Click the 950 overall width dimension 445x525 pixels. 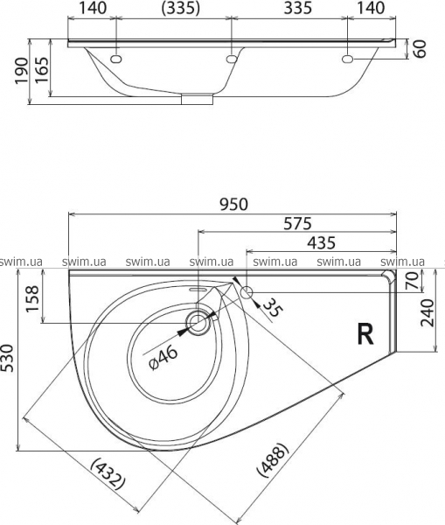click(x=234, y=205)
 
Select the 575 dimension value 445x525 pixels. click(x=297, y=224)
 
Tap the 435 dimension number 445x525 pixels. click(x=321, y=242)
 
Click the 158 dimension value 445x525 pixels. click(x=33, y=299)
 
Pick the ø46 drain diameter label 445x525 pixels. click(x=163, y=358)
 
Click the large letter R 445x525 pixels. click(x=365, y=334)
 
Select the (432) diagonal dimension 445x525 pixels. click(x=108, y=473)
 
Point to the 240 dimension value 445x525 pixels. click(x=428, y=313)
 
